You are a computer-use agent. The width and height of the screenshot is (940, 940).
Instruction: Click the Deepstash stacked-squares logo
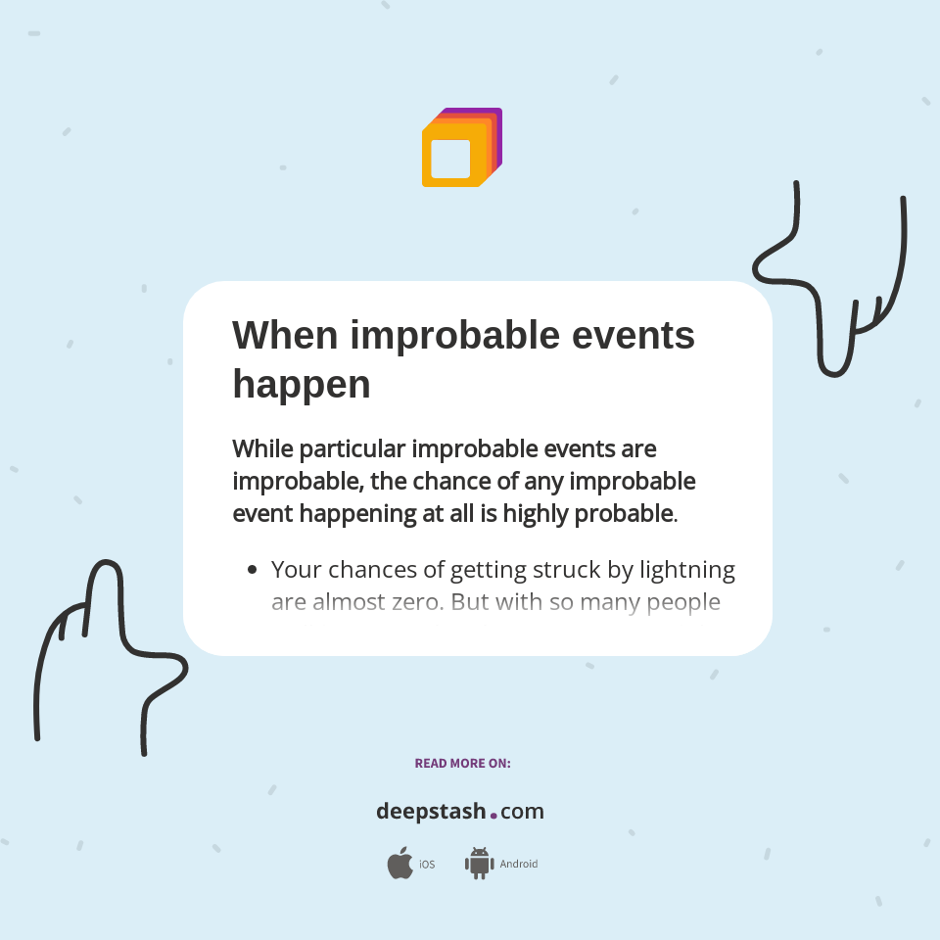pyautogui.click(x=461, y=148)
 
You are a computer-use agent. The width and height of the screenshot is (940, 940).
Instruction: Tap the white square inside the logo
pyautogui.click(x=450, y=159)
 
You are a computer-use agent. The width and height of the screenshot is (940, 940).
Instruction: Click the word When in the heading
pyautogui.click(x=285, y=335)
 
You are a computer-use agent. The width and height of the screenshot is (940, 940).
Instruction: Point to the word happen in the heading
pyautogui.click(x=301, y=385)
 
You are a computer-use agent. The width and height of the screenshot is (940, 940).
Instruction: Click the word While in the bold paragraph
pyautogui.click(x=262, y=448)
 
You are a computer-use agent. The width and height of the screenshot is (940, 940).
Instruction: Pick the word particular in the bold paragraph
pyautogui.click(x=352, y=448)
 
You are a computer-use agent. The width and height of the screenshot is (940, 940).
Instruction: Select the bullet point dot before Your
pyautogui.click(x=253, y=569)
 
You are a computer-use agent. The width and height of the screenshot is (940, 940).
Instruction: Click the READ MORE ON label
pyautogui.click(x=462, y=763)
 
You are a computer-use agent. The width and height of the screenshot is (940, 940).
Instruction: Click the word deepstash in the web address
pyautogui.click(x=431, y=812)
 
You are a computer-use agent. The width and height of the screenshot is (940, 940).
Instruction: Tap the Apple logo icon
pyautogui.click(x=399, y=864)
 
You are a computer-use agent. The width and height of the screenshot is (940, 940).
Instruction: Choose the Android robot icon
pyautogui.click(x=479, y=863)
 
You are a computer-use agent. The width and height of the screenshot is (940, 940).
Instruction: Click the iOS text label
pyautogui.click(x=427, y=865)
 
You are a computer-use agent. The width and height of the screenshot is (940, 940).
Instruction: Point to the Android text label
pyautogui.click(x=519, y=865)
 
